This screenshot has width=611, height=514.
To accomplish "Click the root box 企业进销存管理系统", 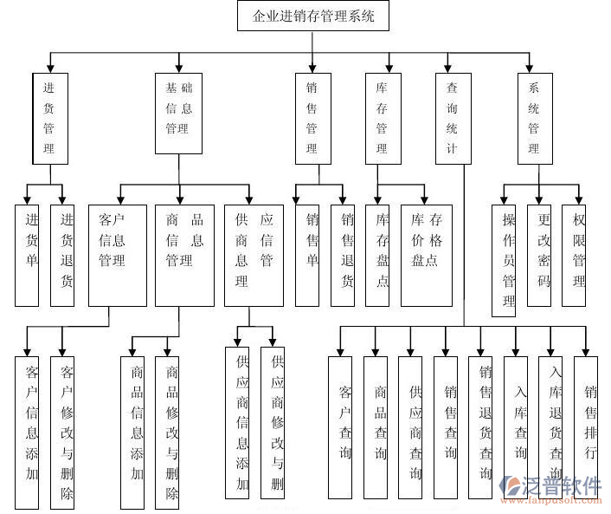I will coord(313,16).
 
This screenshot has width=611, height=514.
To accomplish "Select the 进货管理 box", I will coord(49,119).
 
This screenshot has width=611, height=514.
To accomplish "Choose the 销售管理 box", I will coord(312,119).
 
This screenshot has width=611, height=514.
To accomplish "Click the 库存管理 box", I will coord(382,119).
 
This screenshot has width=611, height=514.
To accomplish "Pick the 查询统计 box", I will coord(452,119).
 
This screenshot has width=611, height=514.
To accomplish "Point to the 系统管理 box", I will coord(533,119).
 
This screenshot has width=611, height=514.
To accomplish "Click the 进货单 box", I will coord(27,255).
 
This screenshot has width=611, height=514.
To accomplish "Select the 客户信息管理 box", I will coord(117,255).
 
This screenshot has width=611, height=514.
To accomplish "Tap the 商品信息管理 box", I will coord(183,255).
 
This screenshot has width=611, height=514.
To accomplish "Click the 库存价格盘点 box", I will coord(426,255).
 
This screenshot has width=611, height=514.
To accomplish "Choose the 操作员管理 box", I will coord(510,259).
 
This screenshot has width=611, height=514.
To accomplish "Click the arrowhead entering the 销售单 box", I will coord(307,198).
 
